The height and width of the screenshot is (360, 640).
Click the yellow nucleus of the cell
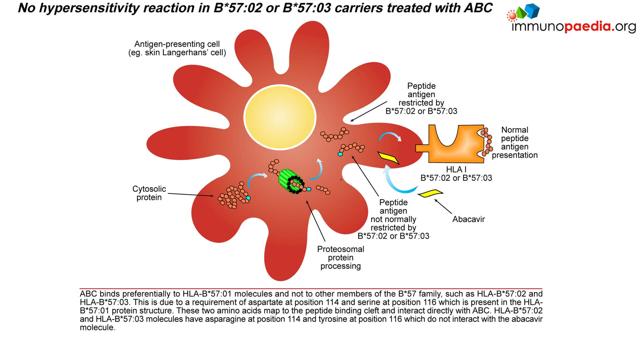280,116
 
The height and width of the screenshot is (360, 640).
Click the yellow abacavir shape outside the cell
430,193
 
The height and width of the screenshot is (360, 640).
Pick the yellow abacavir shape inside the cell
388,157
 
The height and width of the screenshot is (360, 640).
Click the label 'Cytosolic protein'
149,193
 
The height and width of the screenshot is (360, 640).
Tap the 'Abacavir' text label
468,219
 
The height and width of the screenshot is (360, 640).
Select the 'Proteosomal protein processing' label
340,257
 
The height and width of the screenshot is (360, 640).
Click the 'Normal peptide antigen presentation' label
515,142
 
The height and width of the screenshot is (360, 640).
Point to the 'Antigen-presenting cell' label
177,44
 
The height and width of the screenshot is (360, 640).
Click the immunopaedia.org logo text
573,26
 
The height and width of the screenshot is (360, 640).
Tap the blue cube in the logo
533,11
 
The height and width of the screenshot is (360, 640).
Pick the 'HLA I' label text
456,169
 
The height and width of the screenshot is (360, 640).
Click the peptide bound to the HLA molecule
488,142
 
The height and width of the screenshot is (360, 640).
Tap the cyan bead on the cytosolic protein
248,198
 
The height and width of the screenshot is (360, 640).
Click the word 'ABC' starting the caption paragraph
88,294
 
